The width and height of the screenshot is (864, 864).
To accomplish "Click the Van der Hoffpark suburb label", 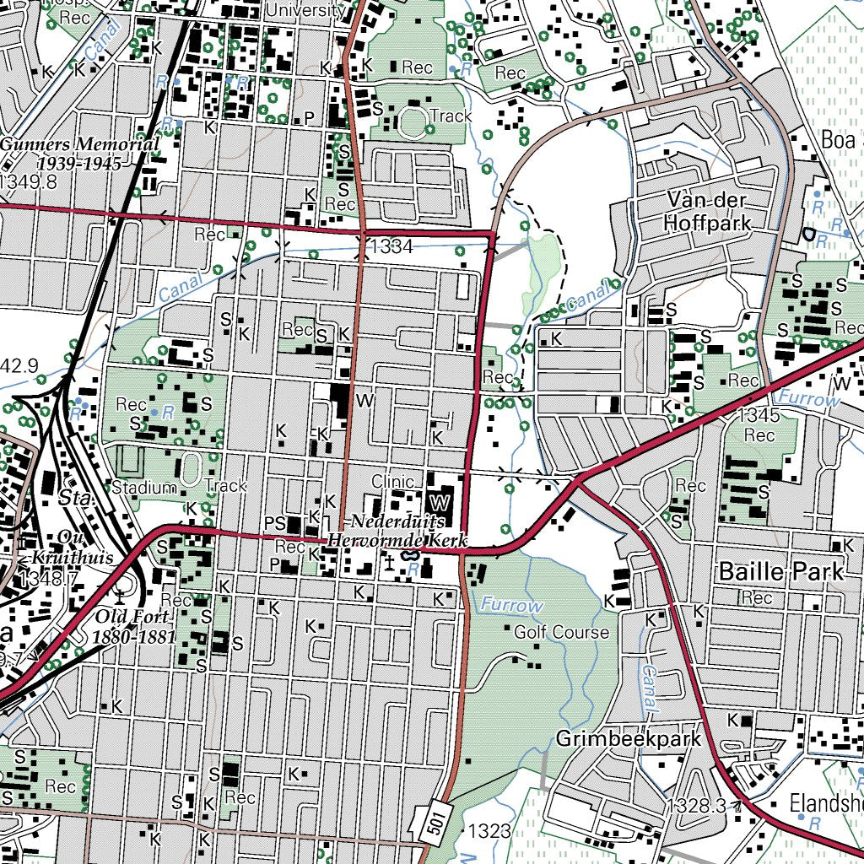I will click(x=706, y=212).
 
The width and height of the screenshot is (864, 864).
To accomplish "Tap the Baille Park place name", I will click(x=780, y=572).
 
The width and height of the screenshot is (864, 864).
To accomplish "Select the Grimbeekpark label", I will click(x=629, y=740).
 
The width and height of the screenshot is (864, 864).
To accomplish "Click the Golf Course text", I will click(x=561, y=632).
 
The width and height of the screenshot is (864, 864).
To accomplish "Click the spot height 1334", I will click(x=391, y=246).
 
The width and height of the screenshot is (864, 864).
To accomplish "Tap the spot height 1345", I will click(x=756, y=415).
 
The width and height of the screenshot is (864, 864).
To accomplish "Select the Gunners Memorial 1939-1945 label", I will click(x=79, y=153).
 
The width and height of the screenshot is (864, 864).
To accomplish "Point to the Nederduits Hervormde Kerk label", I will click(x=397, y=532).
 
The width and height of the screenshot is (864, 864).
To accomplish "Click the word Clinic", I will click(x=393, y=482).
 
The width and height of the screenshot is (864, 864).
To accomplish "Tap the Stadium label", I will click(x=144, y=487).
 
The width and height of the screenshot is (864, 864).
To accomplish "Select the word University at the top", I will click(x=305, y=10).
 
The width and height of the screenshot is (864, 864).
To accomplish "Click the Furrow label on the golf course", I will click(x=512, y=605).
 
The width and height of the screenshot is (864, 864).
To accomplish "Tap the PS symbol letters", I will click(x=275, y=524).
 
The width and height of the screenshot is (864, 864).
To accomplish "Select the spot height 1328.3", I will click(x=699, y=805).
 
